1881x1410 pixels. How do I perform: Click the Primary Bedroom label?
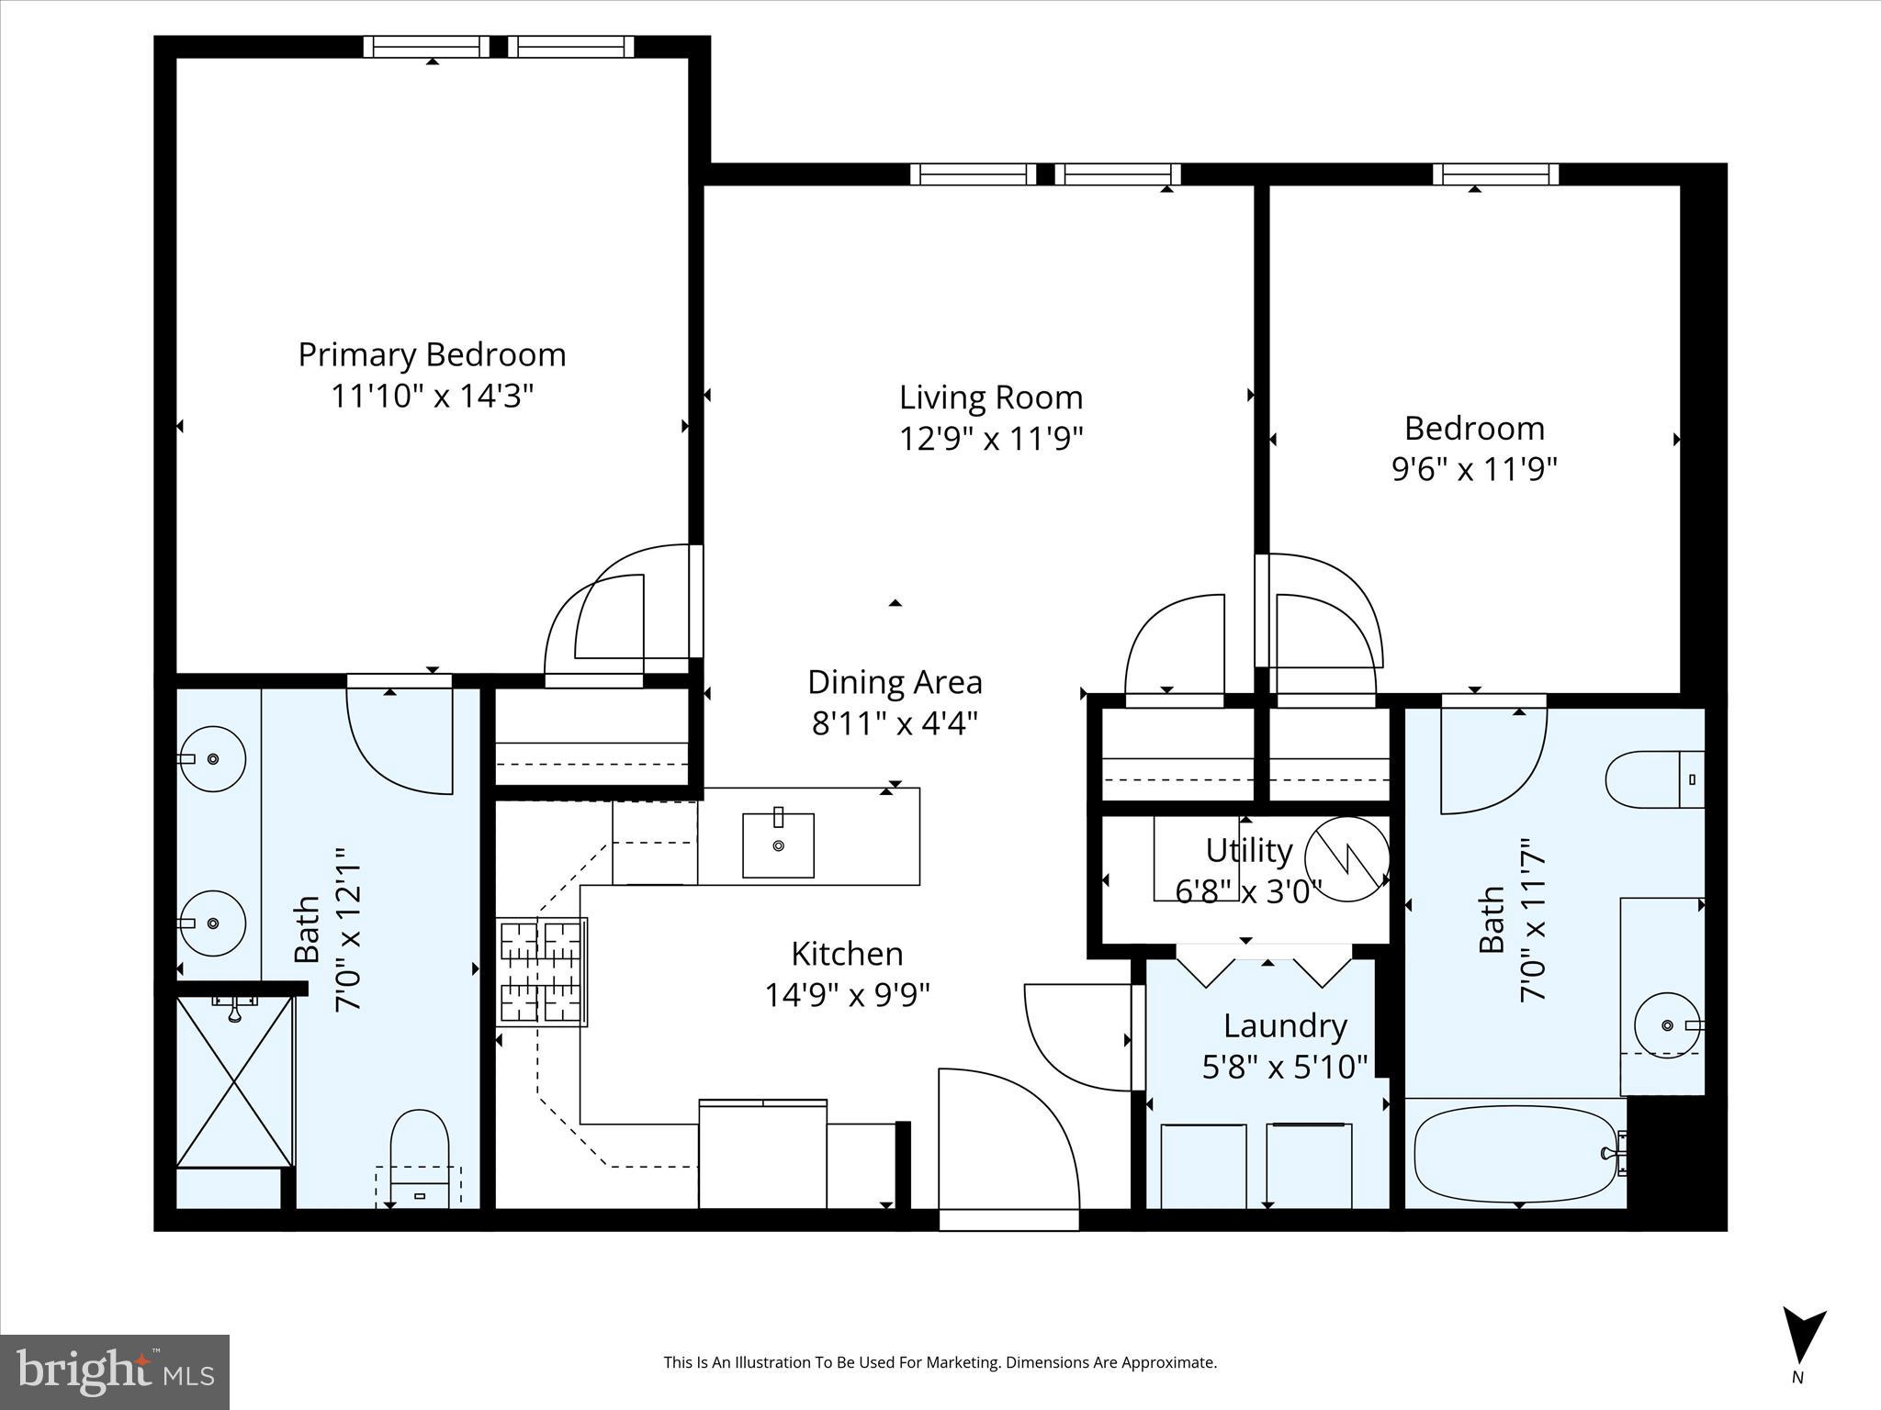point(432,355)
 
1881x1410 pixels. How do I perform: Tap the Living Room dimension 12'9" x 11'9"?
point(991,439)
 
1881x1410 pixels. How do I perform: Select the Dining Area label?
point(895,683)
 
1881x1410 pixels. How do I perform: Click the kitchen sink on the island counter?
point(778,845)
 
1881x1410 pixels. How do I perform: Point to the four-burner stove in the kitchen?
point(542,971)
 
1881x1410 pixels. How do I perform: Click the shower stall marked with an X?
point(235,1081)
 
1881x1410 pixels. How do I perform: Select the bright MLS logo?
point(114,1371)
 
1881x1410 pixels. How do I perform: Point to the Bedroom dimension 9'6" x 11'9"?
point(1474,470)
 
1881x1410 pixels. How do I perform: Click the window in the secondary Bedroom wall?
point(1495,173)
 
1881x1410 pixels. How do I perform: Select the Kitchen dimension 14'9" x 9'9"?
point(847,995)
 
